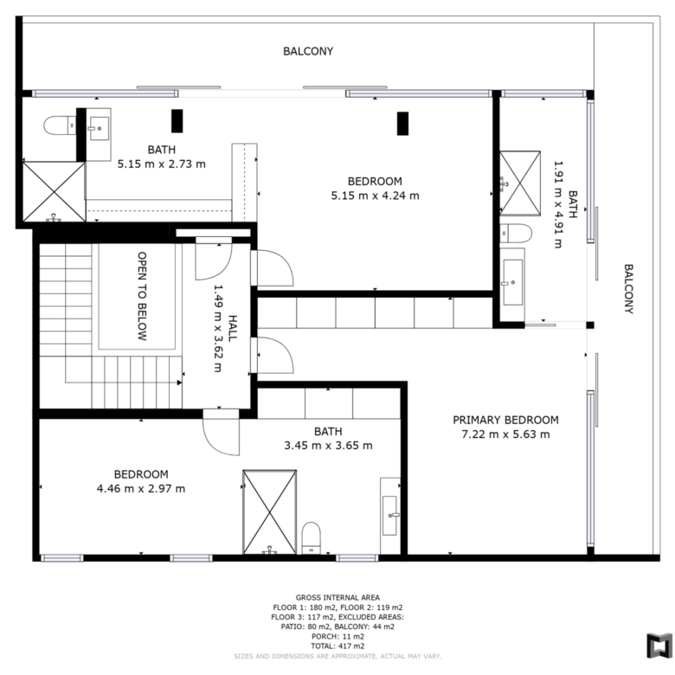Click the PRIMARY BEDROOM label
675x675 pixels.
(x=505, y=420)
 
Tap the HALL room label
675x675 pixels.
(x=233, y=328)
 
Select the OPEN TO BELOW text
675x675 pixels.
(x=142, y=296)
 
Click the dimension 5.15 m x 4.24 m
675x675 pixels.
(x=375, y=196)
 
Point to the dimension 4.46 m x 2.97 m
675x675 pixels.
(x=141, y=489)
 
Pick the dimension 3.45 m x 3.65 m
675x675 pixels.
(x=328, y=445)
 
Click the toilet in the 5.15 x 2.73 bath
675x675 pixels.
(x=60, y=125)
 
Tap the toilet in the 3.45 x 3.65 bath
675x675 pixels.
(x=312, y=538)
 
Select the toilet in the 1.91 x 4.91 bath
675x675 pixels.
(x=516, y=234)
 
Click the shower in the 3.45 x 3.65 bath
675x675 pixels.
(x=269, y=511)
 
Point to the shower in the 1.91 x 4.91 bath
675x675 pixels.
(x=520, y=183)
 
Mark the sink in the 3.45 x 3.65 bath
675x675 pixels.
(x=389, y=515)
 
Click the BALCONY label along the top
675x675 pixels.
(x=308, y=51)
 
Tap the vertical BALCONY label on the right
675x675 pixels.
(x=628, y=289)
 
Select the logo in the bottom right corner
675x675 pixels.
(x=659, y=646)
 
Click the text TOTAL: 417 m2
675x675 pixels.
(x=337, y=646)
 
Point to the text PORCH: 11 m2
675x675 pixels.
(x=337, y=636)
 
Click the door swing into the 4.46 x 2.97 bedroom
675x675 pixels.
(x=221, y=432)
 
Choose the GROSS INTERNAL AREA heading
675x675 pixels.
(x=337, y=597)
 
